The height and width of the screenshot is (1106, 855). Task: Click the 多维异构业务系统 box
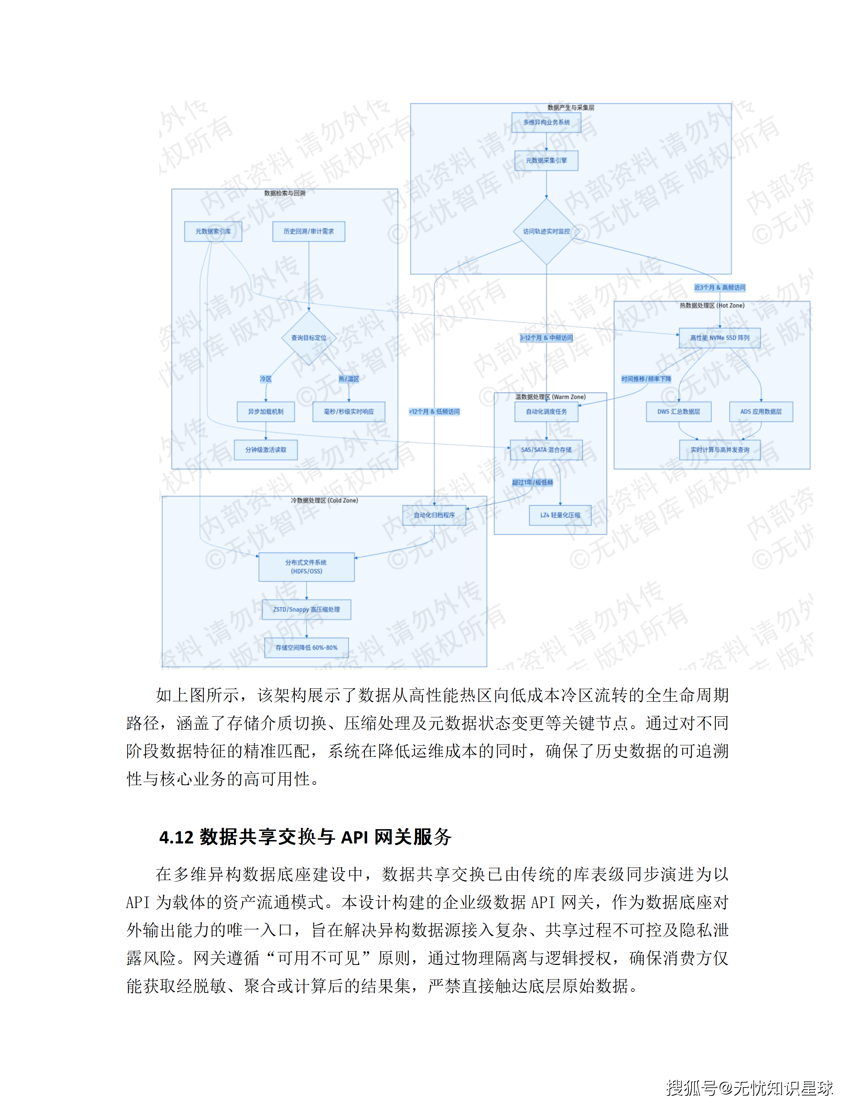pos(546,123)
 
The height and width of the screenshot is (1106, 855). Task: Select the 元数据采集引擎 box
pos(546,161)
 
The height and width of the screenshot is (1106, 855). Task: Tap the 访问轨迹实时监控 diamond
pos(546,231)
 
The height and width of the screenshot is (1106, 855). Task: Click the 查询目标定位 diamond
pos(308,338)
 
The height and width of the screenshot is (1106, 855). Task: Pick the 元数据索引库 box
pos(213,231)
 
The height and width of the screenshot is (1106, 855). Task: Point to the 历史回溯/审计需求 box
pos(308,231)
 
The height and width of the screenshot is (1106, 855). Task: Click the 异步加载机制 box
pos(265,412)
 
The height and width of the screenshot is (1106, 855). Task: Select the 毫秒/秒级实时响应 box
pos(349,412)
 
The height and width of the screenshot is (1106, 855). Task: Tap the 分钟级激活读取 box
pos(265,450)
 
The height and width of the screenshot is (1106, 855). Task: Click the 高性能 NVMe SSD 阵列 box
pos(719,338)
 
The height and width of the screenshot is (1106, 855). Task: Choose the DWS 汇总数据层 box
pos(678,412)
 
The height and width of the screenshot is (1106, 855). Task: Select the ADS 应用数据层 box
pos(761,412)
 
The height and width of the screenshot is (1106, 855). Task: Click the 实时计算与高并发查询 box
pos(719,450)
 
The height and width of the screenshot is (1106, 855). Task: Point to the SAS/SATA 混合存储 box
pos(546,450)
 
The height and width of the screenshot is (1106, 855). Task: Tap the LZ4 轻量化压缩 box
pos(560,515)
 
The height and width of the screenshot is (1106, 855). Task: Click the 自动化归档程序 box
pos(434,515)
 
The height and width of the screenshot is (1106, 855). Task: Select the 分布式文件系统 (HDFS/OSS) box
pos(306,567)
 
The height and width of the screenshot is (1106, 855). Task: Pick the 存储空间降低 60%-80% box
pos(306,648)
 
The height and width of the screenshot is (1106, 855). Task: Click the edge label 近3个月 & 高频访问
pos(719,288)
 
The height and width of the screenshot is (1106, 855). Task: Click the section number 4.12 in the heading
pos(176,838)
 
